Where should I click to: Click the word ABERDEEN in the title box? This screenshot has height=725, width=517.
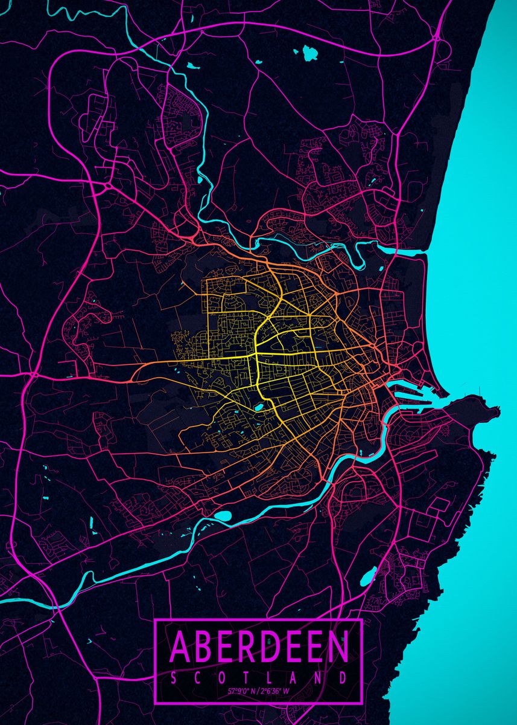(259, 646)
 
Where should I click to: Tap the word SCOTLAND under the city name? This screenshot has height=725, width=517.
(259, 677)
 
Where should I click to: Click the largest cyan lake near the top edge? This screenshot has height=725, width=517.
(310, 54)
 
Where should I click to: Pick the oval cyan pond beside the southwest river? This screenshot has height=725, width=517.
(223, 516)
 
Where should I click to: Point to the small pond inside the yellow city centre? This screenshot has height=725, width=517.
(259, 408)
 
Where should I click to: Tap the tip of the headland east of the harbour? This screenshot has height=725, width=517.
(496, 411)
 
